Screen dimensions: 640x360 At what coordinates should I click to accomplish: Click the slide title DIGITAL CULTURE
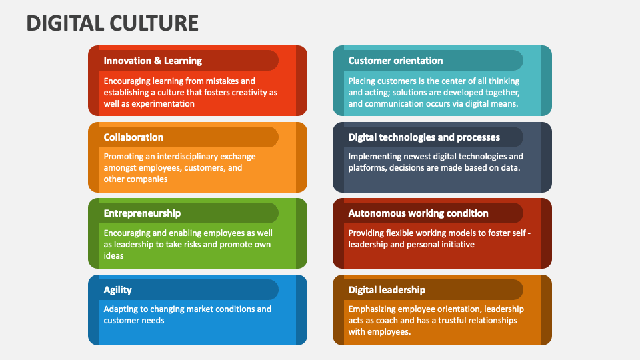[113, 23]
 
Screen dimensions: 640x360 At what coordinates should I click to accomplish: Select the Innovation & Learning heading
[153, 61]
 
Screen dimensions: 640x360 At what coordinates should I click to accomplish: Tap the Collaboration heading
[133, 137]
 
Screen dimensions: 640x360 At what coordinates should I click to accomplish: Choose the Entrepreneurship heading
[142, 213]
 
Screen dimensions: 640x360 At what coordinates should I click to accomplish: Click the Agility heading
[117, 290]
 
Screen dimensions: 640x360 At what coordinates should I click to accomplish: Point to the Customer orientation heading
[395, 61]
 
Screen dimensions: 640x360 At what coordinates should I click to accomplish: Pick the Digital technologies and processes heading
[424, 137]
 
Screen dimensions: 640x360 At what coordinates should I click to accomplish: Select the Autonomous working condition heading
[419, 213]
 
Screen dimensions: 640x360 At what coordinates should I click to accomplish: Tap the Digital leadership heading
[387, 290]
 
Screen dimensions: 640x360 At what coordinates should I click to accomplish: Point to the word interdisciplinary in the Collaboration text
[189, 157]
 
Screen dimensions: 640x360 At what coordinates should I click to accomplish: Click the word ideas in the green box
[113, 256]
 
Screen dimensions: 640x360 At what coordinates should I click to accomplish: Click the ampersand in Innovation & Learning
[157, 61]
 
